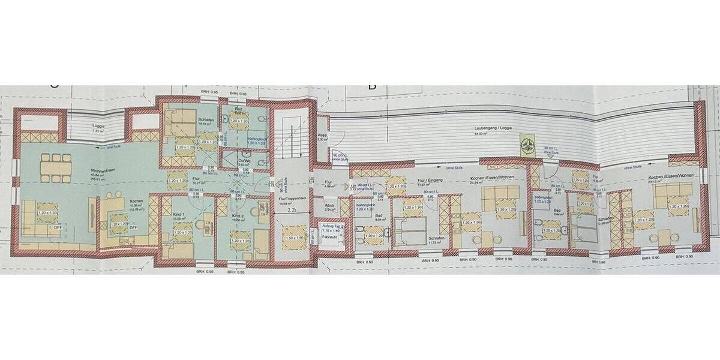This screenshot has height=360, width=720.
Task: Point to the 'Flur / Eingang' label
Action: (428, 179)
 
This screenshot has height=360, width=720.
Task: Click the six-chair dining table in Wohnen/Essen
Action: (56, 166)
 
